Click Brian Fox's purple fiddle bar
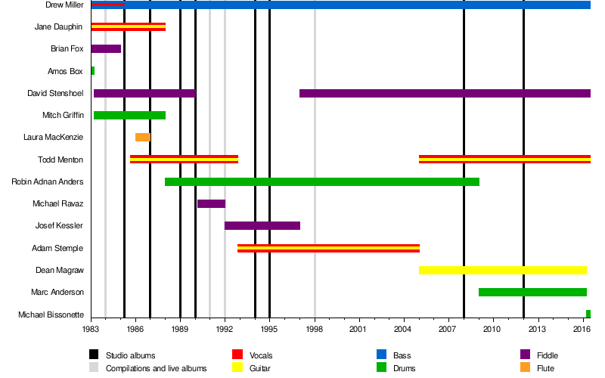pyautogui.click(x=106, y=49)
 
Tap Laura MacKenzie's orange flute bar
pyautogui.click(x=143, y=137)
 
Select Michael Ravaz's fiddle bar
pyautogui.click(x=211, y=203)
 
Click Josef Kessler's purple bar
pyautogui.click(x=262, y=225)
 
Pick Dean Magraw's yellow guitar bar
pyautogui.click(x=502, y=270)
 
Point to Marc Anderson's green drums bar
pyautogui.click(x=532, y=292)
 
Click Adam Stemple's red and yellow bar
pyautogui.click(x=328, y=248)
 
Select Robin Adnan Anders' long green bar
pyautogui.click(x=322, y=181)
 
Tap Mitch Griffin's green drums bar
pyautogui.click(x=129, y=115)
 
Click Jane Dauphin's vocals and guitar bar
pyautogui.click(x=128, y=27)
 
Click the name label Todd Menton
pyautogui.click(x=60, y=160)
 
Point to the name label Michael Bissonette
pyautogui.click(x=51, y=314)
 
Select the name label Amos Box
pyautogui.click(x=65, y=71)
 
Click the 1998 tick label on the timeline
pyautogui.click(x=315, y=330)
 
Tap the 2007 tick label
pyautogui.click(x=448, y=330)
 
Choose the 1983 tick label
pyautogui.click(x=91, y=330)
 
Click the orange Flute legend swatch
pyautogui.click(x=525, y=368)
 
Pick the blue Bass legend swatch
pyautogui.click(x=381, y=355)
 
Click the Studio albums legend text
pyautogui.click(x=131, y=355)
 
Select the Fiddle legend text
pyautogui.click(x=548, y=355)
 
